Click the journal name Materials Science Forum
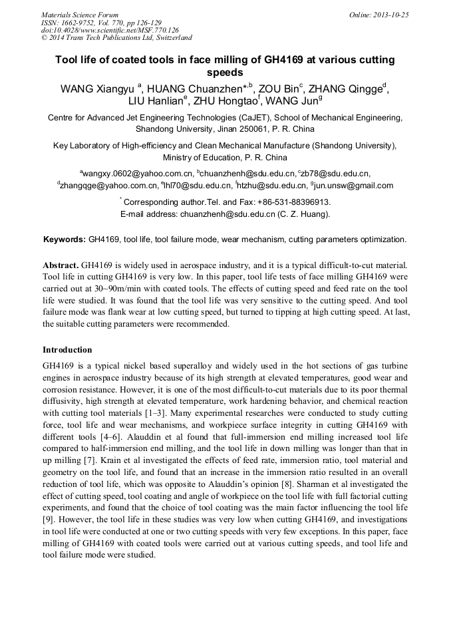tap(80, 15)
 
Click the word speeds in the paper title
tap(225, 73)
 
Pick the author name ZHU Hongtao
tap(224, 102)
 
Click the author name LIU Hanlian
tap(156, 102)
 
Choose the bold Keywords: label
tap(65, 239)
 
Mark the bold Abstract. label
tap(61, 265)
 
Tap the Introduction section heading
tap(67, 349)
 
